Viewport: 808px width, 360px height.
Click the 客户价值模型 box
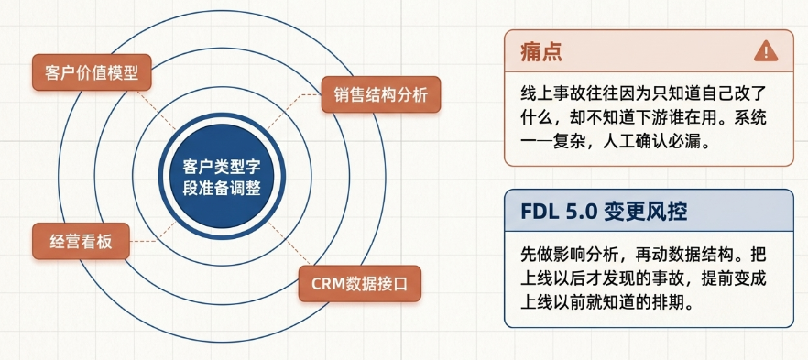coord(92,72)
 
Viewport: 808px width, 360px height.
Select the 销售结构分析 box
coord(381,94)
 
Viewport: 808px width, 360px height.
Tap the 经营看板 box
coord(81,241)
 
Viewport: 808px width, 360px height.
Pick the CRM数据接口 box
coord(360,284)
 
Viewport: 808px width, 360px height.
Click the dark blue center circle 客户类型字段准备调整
coord(222,177)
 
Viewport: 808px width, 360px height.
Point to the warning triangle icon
coord(765,51)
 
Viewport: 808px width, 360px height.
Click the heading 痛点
coord(541,52)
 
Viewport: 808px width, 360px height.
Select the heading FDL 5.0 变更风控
coord(604,212)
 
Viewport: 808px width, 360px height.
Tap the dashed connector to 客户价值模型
coord(157,110)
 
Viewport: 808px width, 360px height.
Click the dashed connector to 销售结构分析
coord(294,111)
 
